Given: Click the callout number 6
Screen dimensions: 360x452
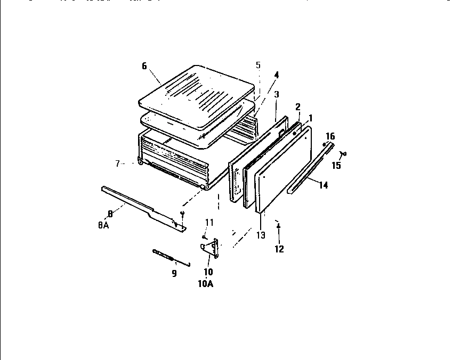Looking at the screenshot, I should point(144,66).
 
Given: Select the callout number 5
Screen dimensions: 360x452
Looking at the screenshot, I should point(258,65).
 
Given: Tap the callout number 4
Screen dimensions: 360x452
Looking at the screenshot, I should point(276,75).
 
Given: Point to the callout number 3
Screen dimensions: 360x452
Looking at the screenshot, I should point(277,94).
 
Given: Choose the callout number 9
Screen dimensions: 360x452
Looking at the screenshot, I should point(174,274).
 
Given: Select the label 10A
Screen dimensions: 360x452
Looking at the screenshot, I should point(206,284).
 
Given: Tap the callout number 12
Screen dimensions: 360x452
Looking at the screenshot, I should point(279,249).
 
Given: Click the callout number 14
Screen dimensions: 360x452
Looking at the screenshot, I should point(323,185).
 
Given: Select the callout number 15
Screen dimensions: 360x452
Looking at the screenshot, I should point(336,166).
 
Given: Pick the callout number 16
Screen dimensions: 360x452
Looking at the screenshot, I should point(330,136).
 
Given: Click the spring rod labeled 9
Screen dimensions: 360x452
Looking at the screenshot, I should point(170,257).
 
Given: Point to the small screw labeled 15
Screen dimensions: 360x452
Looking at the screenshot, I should point(343,154).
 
